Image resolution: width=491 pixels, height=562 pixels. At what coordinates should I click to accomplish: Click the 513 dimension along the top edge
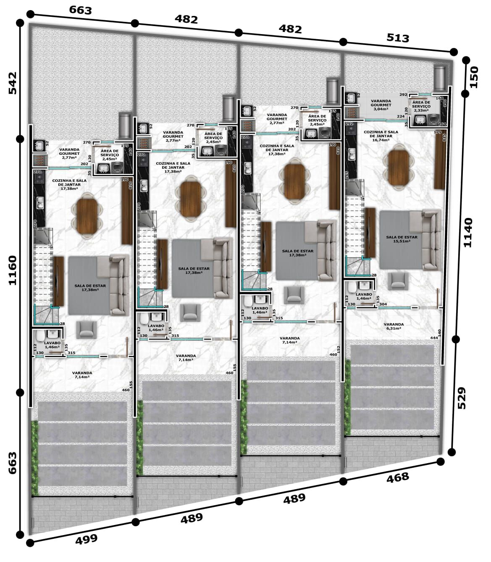397,38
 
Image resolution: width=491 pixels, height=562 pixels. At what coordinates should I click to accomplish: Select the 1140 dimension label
467,232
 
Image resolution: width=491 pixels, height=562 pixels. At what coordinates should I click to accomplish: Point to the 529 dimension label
461,398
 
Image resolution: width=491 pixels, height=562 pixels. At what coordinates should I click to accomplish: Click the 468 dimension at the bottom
397,477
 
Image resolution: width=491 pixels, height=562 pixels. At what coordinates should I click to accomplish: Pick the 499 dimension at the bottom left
87,539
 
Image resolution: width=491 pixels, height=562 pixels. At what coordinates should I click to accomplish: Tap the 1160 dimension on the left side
12,270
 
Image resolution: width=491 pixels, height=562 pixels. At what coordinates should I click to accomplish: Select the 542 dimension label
12,83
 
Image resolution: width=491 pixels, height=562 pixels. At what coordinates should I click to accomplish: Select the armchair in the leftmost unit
87,329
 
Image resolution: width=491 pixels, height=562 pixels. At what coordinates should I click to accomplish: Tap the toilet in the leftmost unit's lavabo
41,337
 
